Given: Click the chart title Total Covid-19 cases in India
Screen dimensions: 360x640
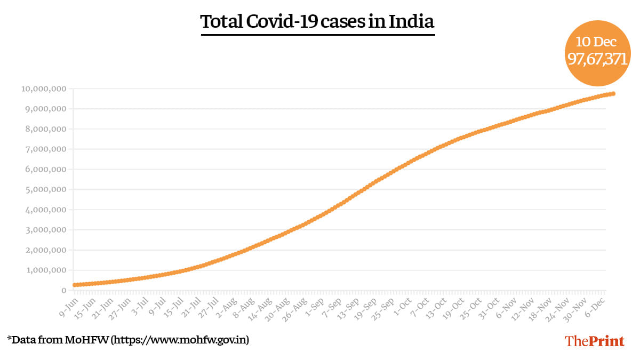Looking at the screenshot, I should coord(317,22).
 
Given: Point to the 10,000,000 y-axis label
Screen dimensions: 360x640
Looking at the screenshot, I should coord(44,89).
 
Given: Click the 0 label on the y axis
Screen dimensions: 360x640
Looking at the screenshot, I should coord(63,290).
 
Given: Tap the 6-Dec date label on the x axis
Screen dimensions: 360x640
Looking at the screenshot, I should coord(594,306).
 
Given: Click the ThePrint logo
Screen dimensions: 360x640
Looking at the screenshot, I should coord(594,341).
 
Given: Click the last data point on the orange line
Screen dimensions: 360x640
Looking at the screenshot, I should coord(613,94).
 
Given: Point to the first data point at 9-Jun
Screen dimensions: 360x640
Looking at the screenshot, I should coord(75,285).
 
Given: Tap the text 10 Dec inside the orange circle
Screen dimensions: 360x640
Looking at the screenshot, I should coord(596,42).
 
